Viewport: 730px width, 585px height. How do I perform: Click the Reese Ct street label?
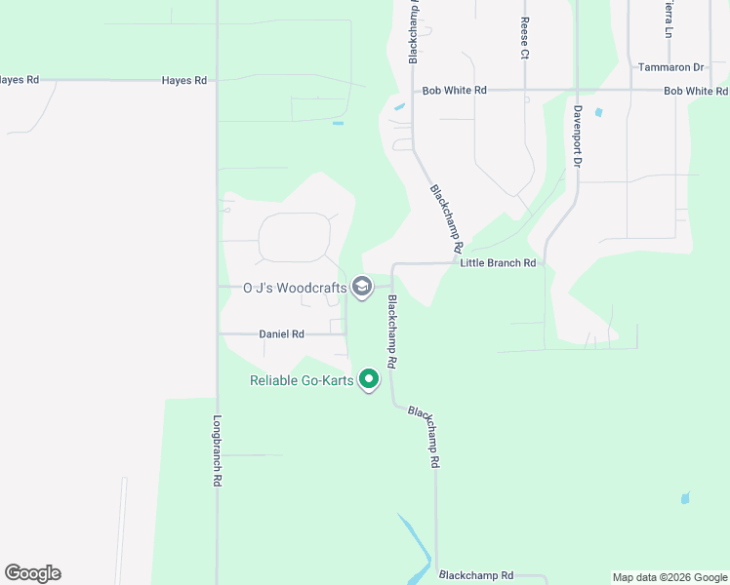(524, 38)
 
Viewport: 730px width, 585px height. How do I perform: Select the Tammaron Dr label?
(670, 67)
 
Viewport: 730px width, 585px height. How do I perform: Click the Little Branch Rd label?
(498, 263)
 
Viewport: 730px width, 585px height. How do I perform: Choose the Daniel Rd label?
(281, 333)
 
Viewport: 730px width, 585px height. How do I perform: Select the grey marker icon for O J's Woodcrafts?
(362, 287)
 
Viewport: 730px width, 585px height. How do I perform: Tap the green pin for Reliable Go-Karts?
(369, 378)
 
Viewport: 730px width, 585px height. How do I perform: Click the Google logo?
(32, 573)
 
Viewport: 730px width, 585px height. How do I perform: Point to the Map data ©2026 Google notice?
(669, 577)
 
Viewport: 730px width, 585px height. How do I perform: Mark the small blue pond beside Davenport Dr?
(598, 112)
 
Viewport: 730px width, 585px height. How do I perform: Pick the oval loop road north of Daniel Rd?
(294, 237)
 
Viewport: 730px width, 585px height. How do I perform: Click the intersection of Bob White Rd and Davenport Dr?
(577, 91)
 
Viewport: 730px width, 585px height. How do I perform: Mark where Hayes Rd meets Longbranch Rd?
(217, 81)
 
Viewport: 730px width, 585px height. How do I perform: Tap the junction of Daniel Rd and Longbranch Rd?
(217, 333)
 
